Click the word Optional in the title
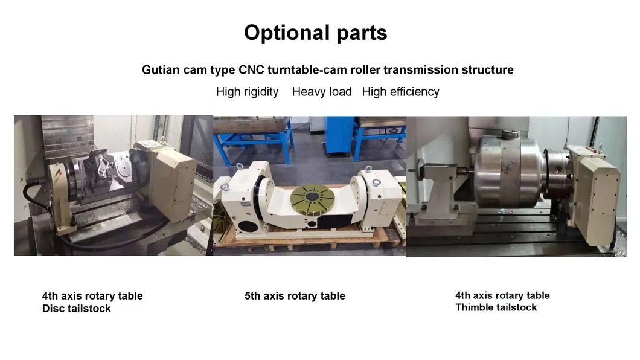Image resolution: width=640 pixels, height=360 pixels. (x=287, y=33)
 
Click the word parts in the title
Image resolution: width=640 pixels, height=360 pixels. (x=362, y=33)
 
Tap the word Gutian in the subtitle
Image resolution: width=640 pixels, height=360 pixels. (x=161, y=70)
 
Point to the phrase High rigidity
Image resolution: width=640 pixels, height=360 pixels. (x=248, y=92)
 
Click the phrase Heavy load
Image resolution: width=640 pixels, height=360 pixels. (x=322, y=92)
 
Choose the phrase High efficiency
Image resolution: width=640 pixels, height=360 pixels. (x=400, y=92)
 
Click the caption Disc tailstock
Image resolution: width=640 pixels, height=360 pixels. (x=76, y=309)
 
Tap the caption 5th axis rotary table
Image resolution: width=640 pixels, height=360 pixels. (x=295, y=296)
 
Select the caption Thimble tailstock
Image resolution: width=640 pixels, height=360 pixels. (x=496, y=307)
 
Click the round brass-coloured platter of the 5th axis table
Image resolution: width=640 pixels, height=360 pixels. (x=312, y=200)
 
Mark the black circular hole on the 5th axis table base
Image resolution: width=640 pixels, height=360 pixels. (x=248, y=227)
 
